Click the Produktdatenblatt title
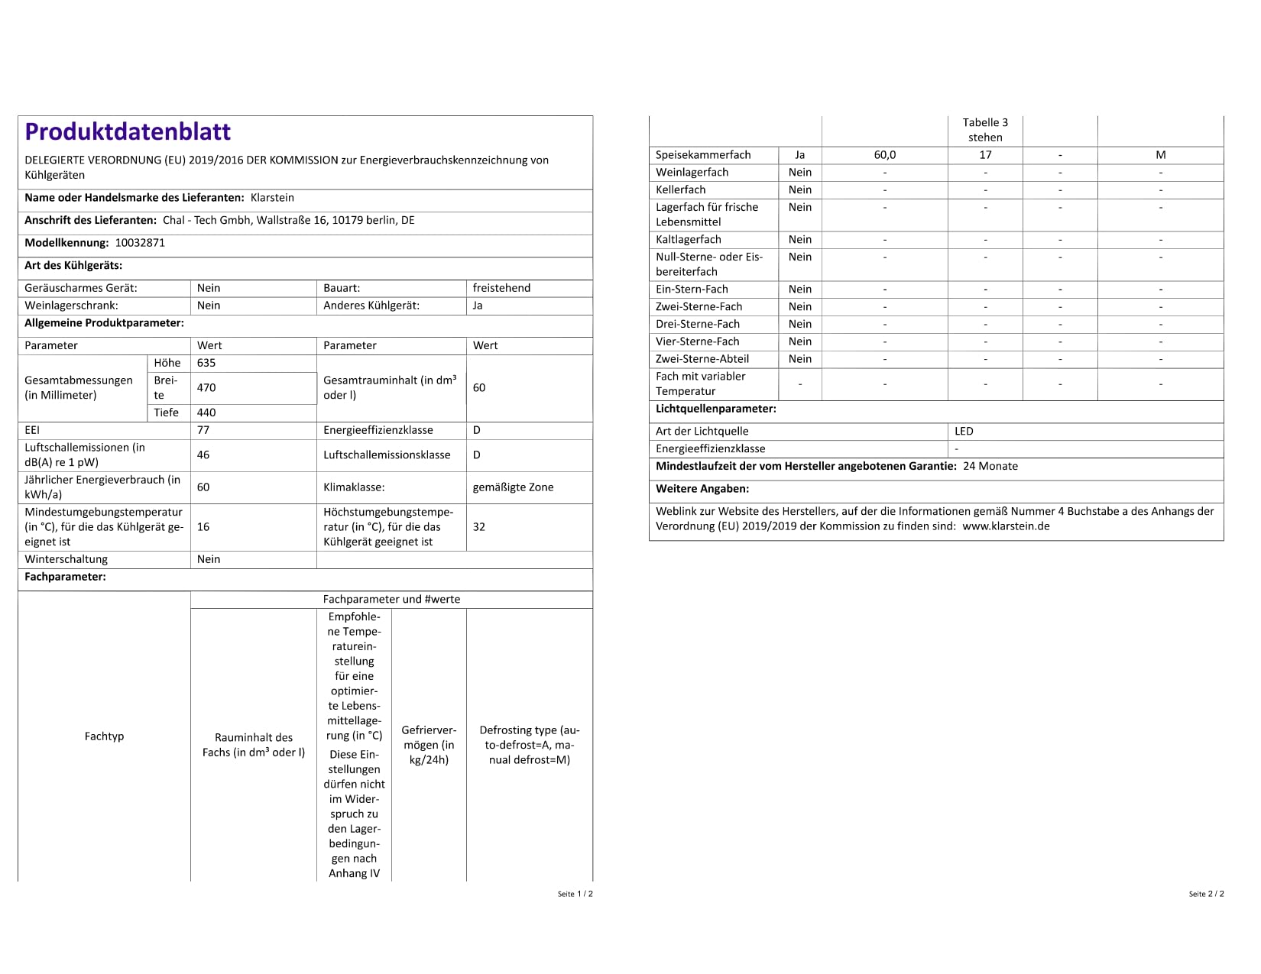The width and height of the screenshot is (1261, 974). click(x=128, y=131)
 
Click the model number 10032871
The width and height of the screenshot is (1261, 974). click(x=140, y=243)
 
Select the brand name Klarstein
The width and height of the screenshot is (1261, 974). click(x=272, y=198)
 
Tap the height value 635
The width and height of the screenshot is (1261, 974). click(x=206, y=363)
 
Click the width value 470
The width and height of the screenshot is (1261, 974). click(x=206, y=387)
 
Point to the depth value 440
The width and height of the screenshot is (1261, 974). click(x=206, y=413)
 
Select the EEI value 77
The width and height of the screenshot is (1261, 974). click(x=203, y=430)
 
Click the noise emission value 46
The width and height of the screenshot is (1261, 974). click(x=203, y=455)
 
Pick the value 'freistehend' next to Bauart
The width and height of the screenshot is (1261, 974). click(x=501, y=288)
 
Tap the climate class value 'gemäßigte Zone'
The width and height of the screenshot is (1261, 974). click(x=513, y=487)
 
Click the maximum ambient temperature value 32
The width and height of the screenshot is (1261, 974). click(x=479, y=527)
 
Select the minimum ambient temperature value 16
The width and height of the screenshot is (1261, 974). click(x=203, y=527)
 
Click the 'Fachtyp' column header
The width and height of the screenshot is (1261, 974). click(x=104, y=736)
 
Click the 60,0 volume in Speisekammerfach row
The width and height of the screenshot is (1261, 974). click(x=884, y=155)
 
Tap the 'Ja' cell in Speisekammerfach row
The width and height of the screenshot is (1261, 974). click(x=799, y=155)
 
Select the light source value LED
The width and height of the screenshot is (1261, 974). click(x=964, y=432)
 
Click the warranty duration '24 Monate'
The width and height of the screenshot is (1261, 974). click(x=990, y=467)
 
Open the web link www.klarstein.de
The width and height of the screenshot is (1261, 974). click(x=1006, y=526)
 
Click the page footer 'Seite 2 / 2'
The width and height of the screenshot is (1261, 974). click(x=1206, y=894)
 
